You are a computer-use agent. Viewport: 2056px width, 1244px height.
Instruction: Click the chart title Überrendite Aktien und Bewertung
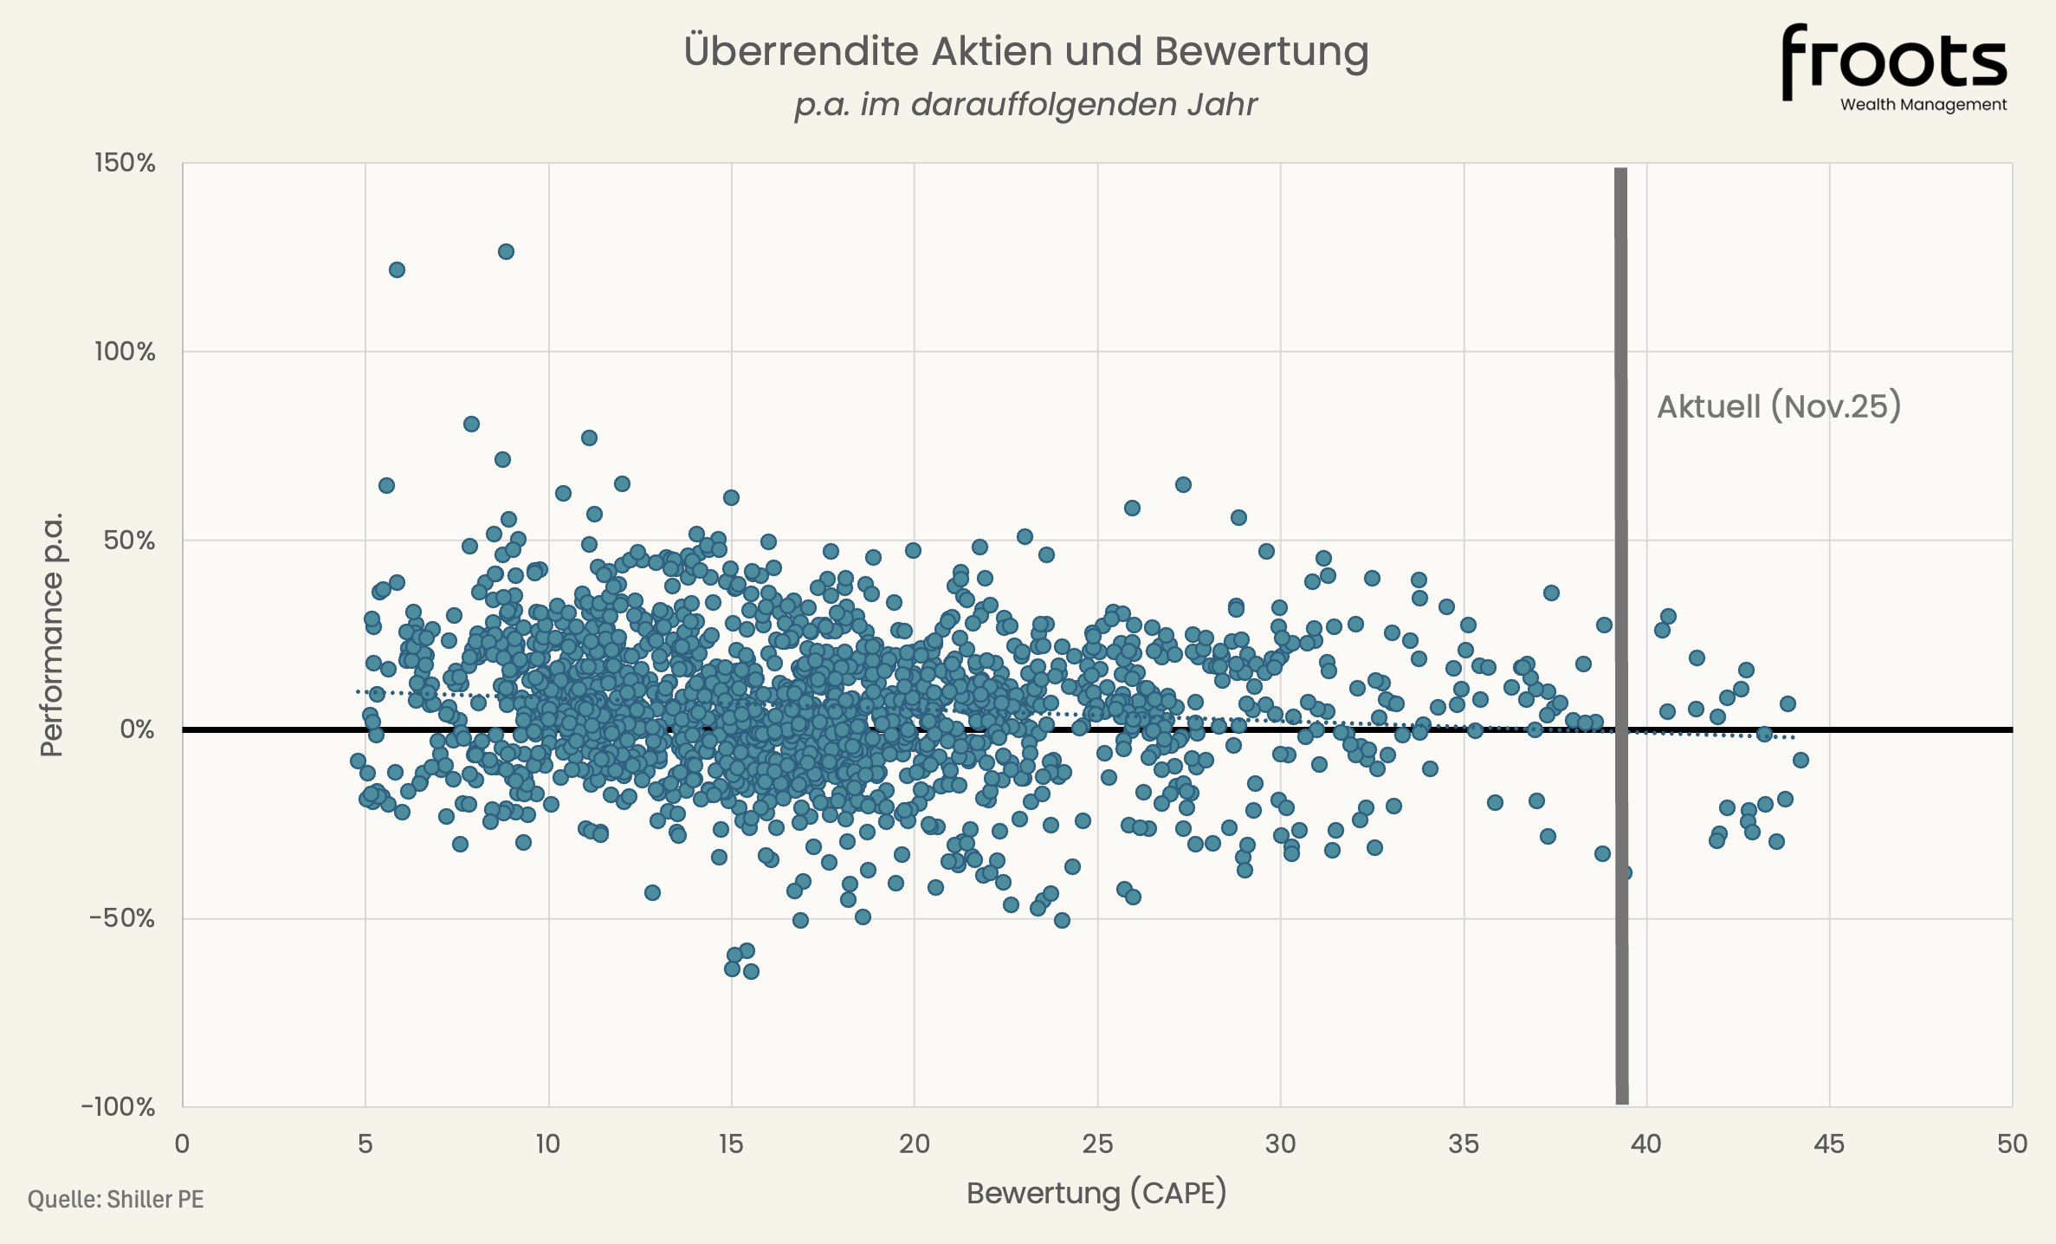point(1026,51)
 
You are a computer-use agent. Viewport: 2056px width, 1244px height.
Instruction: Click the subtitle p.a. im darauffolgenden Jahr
point(1025,105)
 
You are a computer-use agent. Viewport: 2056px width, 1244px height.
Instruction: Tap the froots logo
point(1893,59)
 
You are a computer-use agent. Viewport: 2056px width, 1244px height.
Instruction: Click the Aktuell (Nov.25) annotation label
point(1779,406)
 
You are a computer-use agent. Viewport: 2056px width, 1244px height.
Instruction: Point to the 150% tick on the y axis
point(125,163)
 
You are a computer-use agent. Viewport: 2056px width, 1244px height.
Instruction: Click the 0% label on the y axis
point(137,729)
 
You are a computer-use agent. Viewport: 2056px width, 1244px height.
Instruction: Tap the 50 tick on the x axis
point(2012,1144)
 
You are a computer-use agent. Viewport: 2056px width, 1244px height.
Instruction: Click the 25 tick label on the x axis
point(1097,1144)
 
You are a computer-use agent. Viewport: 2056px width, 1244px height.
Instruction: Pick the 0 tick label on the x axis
point(182,1144)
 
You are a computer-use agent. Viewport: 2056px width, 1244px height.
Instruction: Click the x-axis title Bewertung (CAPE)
point(1096,1193)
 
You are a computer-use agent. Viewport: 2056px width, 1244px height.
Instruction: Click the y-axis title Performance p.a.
point(52,634)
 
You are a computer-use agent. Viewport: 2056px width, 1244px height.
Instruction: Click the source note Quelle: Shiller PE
point(116,1200)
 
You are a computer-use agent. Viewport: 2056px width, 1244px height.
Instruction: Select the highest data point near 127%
point(506,251)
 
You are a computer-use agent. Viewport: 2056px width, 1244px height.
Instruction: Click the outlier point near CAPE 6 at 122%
point(397,269)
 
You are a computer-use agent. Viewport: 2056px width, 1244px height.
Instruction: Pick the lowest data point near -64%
point(751,971)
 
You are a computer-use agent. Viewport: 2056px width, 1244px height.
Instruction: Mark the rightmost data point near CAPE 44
point(1801,760)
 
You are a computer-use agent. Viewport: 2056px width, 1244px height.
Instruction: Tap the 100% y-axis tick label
point(125,352)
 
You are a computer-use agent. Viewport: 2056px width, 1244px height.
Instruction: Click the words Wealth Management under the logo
point(1923,105)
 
